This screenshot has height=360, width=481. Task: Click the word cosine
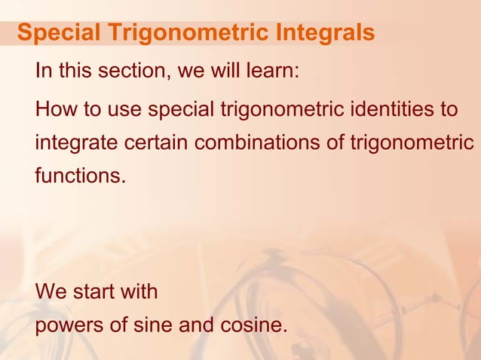tap(250, 326)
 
